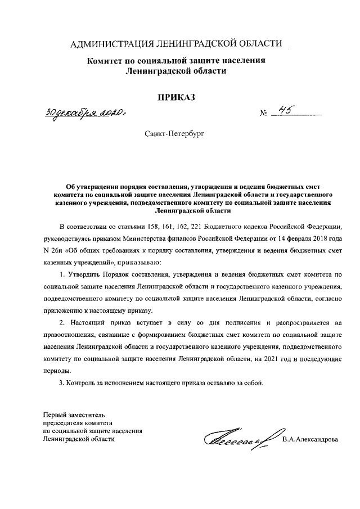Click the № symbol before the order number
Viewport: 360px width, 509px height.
coord(263,114)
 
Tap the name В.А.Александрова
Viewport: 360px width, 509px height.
coord(311,439)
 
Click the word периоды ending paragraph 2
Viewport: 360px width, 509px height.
coord(57,371)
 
